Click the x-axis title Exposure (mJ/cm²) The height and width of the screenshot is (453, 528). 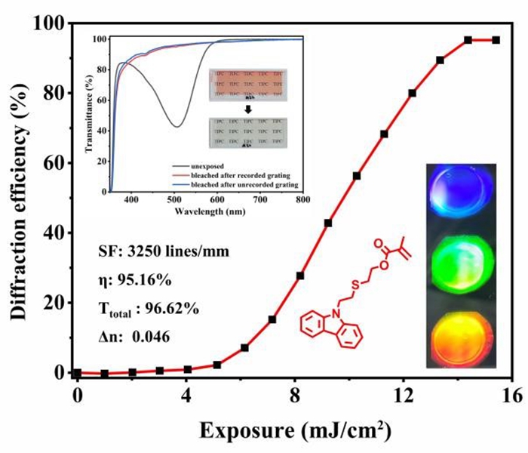[295, 431]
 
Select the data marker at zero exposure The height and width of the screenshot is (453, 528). [77, 373]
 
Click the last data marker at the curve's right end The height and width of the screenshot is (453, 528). [496, 40]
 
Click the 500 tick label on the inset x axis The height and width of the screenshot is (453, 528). [174, 202]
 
